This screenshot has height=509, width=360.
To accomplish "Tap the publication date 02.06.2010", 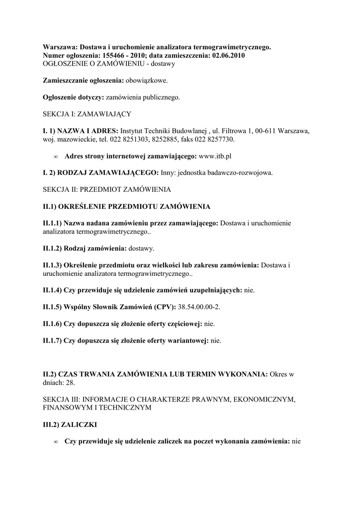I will [227, 56].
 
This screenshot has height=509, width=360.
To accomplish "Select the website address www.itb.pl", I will [215, 156].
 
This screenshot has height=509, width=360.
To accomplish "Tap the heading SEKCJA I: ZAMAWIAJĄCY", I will [87, 114].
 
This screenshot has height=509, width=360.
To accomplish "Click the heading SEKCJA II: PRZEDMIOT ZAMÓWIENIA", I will [107, 190].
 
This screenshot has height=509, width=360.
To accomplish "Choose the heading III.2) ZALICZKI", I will [70, 425].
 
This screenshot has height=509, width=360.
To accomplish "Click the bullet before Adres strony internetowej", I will [56, 157].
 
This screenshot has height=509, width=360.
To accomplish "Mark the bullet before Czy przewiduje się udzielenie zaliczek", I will [56, 441].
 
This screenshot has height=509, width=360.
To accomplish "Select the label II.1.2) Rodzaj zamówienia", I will [85, 248].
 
